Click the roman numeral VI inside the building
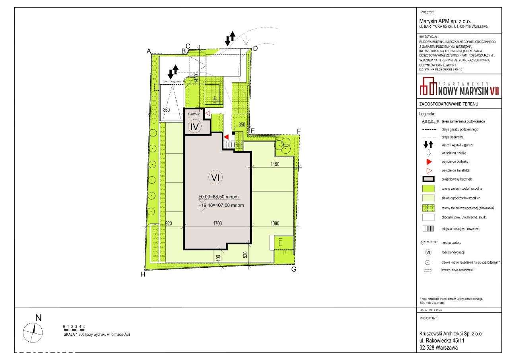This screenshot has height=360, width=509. pos(216,178)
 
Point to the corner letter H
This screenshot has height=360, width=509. pos(142,274)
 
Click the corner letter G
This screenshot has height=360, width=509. pos(294,269)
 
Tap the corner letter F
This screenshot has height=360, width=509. pos(299,131)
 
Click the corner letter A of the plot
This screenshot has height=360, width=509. pos(149,51)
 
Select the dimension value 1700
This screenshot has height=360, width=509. pos(217,224)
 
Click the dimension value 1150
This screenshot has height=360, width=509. pos(275,164)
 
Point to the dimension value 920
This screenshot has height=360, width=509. pos(168,224)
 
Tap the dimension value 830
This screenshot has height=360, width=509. pos(167,110)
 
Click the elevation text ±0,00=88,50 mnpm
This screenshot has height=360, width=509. pos(221,197)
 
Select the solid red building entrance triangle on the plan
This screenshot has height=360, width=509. pos(226,137)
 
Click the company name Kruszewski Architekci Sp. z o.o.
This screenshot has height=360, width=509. pos(451,334)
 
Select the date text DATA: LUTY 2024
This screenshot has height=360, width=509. pos(431,310)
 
